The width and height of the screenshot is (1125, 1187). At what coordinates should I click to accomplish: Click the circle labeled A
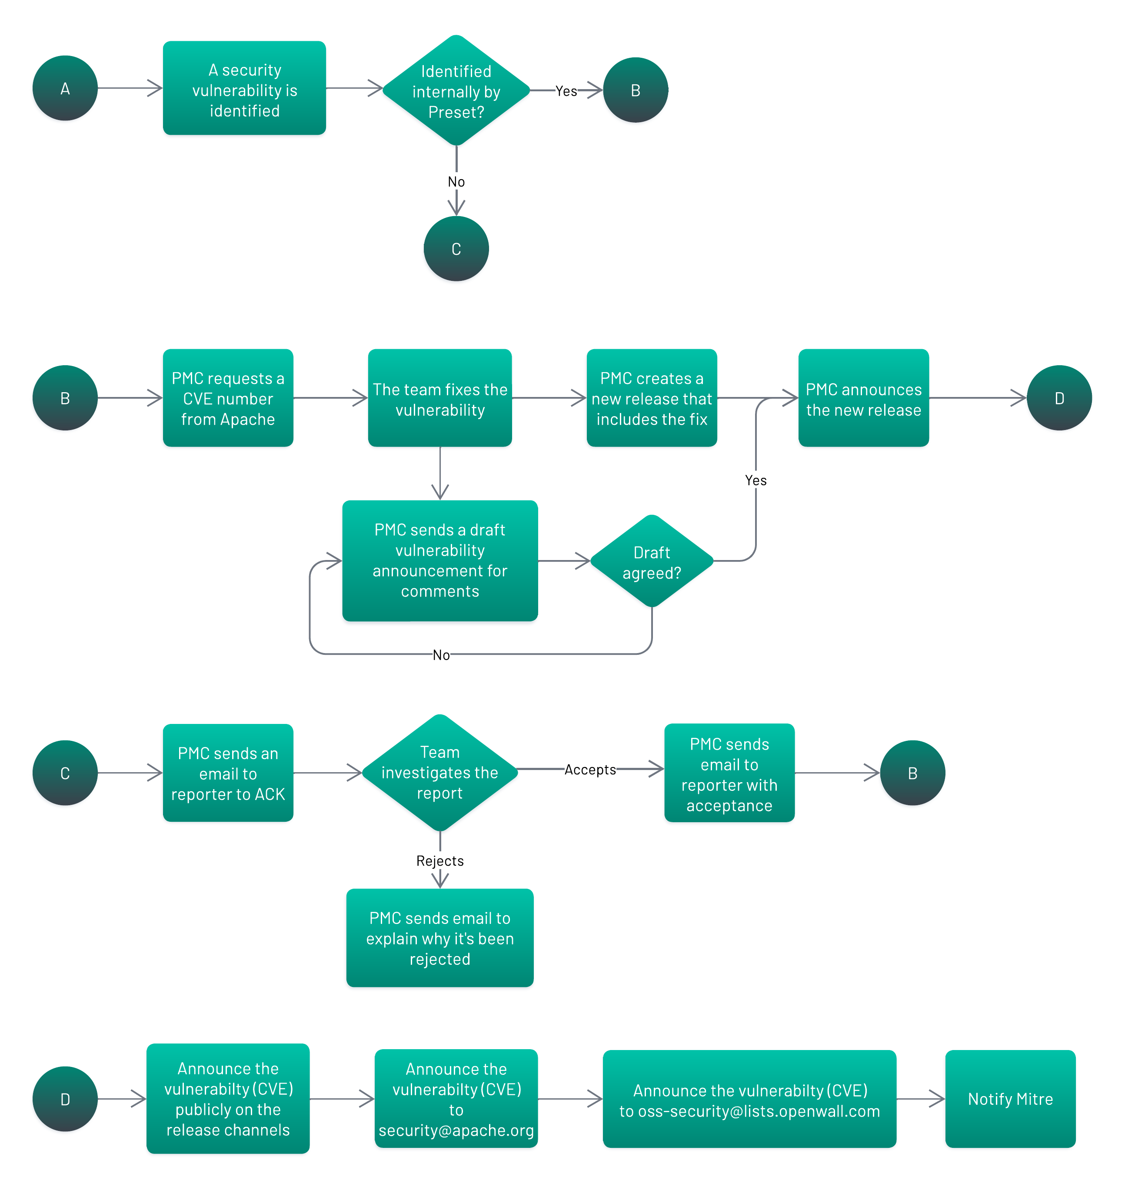pos(65,88)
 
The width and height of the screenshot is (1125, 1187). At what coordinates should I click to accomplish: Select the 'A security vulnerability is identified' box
pos(244,88)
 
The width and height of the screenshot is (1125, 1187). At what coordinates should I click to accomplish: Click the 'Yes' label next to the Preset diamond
pos(566,91)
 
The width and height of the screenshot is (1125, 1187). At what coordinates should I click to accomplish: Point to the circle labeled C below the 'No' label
pos(456,248)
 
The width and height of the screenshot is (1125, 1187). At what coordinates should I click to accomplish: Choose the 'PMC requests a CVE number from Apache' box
pos(228,398)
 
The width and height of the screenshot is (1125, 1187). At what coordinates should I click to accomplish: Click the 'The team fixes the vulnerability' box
pos(439,398)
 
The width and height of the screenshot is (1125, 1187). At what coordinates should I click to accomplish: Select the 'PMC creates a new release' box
pos(651,398)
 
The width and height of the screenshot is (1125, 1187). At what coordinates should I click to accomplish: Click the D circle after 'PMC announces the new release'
pos(1058,398)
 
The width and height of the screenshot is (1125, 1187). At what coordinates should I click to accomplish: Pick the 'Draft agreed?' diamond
pos(651,561)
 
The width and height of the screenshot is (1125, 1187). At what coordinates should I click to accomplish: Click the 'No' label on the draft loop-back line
pos(441,655)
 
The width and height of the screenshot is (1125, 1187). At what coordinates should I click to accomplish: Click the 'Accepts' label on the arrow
pos(589,770)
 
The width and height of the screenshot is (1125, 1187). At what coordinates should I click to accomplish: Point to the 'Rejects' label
pos(439,861)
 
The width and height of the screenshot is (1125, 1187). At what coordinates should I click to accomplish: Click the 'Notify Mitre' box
pos(1010,1098)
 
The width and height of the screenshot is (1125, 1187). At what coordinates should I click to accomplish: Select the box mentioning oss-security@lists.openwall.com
pos(749,1098)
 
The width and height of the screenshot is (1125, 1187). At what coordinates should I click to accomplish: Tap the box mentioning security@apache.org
pos(456,1098)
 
